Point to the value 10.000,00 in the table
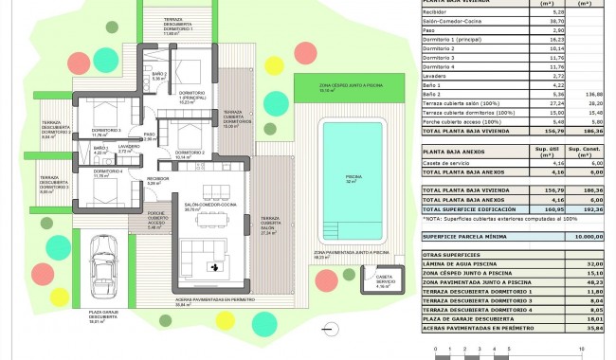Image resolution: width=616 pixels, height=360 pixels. point(586,237)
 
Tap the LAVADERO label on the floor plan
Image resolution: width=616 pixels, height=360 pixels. point(130,149)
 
